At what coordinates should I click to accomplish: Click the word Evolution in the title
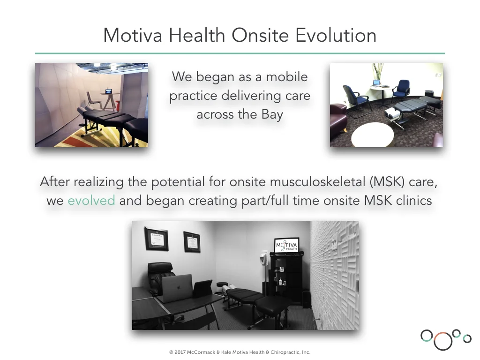[336, 35]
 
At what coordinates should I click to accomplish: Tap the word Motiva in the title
[133, 35]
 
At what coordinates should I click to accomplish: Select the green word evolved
[91, 201]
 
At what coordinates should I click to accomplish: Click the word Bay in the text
[272, 115]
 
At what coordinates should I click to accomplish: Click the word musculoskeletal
[317, 182]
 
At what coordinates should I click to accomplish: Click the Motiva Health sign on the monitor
[286, 246]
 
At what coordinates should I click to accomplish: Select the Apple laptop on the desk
[177, 288]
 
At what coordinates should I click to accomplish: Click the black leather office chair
[160, 277]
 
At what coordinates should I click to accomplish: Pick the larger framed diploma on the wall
[156, 239]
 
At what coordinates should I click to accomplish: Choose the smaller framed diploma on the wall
[192, 242]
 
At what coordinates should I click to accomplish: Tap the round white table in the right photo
[373, 135]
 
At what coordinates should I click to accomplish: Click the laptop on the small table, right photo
[376, 83]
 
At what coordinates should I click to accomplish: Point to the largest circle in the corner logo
[442, 341]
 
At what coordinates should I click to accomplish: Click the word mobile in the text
[286, 77]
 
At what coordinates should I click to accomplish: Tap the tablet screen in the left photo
[109, 91]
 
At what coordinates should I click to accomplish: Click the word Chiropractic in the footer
[285, 352]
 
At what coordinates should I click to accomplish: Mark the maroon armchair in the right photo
[338, 116]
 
